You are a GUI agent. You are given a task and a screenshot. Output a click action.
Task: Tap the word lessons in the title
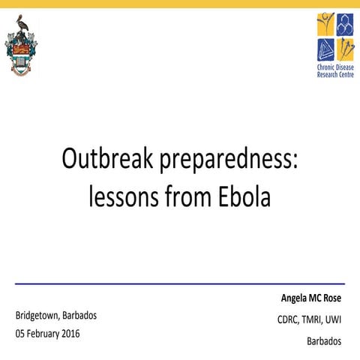pyautogui.click(x=124, y=196)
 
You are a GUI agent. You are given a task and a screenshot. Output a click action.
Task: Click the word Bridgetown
pyautogui.click(x=43, y=315)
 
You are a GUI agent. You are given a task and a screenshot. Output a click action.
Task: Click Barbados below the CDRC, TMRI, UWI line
pyautogui.click(x=324, y=340)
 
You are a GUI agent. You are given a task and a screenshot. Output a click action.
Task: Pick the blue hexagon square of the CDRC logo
pyautogui.click(x=345, y=25)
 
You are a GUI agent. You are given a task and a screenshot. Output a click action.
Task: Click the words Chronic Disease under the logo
pyautogui.click(x=334, y=67)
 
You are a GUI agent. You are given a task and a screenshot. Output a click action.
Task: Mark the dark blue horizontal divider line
pyautogui.click(x=180, y=284)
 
